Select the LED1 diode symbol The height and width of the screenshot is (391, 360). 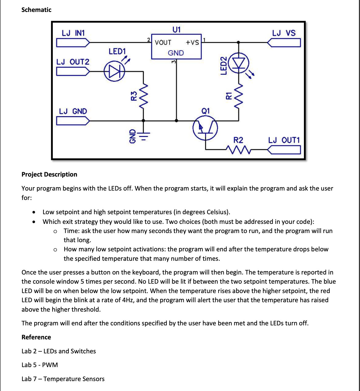point(114,71)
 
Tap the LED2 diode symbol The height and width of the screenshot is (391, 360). point(238,63)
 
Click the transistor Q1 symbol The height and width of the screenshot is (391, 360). point(205,128)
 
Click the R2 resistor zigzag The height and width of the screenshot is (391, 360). point(239,150)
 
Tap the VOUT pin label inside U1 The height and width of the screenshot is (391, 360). point(163,42)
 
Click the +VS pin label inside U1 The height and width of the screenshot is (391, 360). point(192,42)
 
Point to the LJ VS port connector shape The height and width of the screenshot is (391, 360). point(284,43)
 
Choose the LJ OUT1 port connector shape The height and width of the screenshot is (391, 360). point(284,150)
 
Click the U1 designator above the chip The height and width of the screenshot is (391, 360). point(176,30)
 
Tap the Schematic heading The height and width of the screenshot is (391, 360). point(36,10)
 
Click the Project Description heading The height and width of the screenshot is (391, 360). point(49,175)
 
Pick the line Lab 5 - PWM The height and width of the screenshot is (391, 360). point(40,365)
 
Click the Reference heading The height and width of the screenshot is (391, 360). point(36,337)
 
